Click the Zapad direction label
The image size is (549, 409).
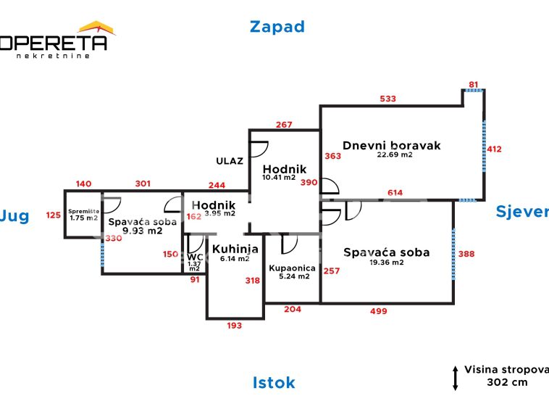coord(277,27)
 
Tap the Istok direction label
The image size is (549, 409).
coord(274,382)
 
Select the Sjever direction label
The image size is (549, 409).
coord(521,211)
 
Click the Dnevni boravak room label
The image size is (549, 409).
coord(391,145)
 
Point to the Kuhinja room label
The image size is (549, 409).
coord(235,249)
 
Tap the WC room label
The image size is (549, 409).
coord(194,257)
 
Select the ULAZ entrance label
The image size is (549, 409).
coord(229,161)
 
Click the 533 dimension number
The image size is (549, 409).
coord(388,99)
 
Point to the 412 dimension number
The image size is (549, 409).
coord(494,149)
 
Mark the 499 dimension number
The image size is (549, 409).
coord(378,311)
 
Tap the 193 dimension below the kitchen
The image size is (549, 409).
coord(234,326)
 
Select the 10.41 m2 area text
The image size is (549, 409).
coord(279,177)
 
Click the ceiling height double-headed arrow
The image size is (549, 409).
coord(455,378)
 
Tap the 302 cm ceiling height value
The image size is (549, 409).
coord(508,382)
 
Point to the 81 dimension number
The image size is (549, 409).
coord(474,85)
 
